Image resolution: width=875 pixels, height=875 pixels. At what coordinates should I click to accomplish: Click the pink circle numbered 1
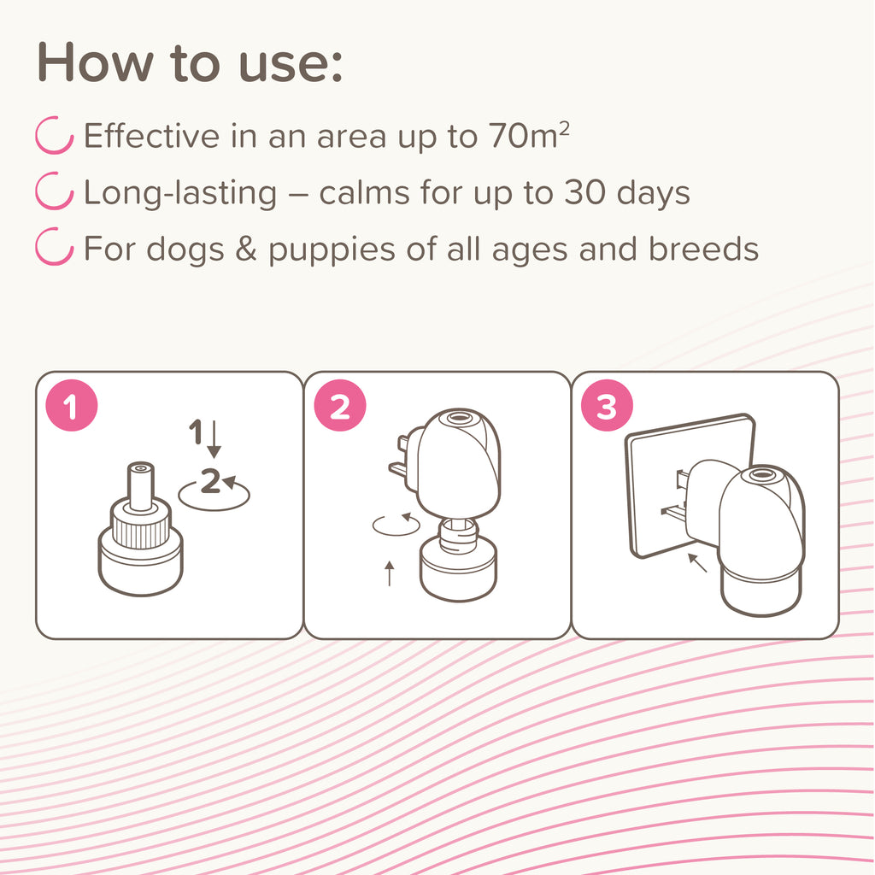coord(72,405)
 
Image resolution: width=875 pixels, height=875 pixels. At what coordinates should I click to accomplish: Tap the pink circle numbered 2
coord(340,405)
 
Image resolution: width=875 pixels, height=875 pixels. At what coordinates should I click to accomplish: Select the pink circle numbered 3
coord(608,405)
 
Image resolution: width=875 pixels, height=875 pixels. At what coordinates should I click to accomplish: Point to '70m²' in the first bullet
coord(529,135)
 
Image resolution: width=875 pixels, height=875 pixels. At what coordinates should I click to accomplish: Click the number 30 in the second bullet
coord(584,192)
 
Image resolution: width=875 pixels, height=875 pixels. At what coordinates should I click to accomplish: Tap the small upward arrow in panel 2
coord(390,573)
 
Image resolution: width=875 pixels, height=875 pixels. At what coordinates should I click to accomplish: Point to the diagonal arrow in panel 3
coord(697,562)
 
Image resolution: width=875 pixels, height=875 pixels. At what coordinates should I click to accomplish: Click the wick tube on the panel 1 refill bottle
coord(141,485)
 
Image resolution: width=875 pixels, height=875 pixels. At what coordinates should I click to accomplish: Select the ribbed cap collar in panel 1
coord(141,527)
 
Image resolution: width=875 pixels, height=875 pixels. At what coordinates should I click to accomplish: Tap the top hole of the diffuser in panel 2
coord(459,417)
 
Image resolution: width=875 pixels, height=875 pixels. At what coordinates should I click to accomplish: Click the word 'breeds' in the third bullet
coord(703,248)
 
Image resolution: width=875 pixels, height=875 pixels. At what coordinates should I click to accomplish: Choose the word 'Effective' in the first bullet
coord(151,136)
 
